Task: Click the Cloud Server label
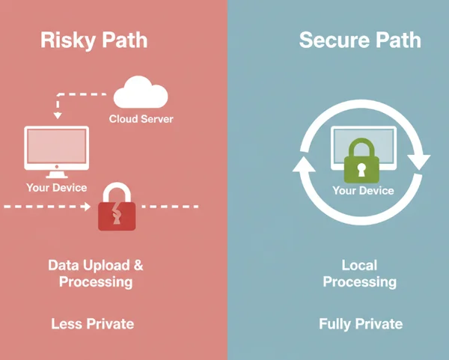[141, 119]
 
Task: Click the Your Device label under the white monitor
[57, 187]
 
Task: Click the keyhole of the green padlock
[362, 169]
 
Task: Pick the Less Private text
[93, 324]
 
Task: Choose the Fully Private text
[361, 324]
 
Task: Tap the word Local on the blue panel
[359, 266]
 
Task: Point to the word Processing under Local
[359, 282]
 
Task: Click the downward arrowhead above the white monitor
[55, 115]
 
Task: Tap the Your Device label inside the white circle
[363, 191]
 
